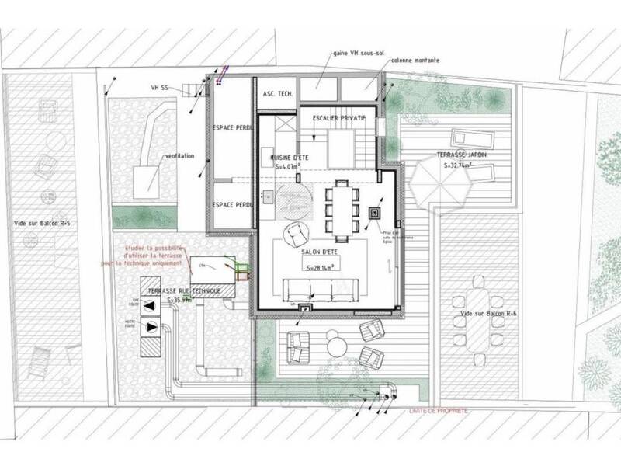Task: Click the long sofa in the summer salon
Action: pyautogui.click(x=319, y=287)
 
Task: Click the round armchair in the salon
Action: pyautogui.click(x=296, y=231)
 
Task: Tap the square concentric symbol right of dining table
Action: pyautogui.click(x=375, y=212)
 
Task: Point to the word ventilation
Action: pyautogui.click(x=179, y=156)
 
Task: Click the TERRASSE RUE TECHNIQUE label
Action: pyautogui.click(x=180, y=289)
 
